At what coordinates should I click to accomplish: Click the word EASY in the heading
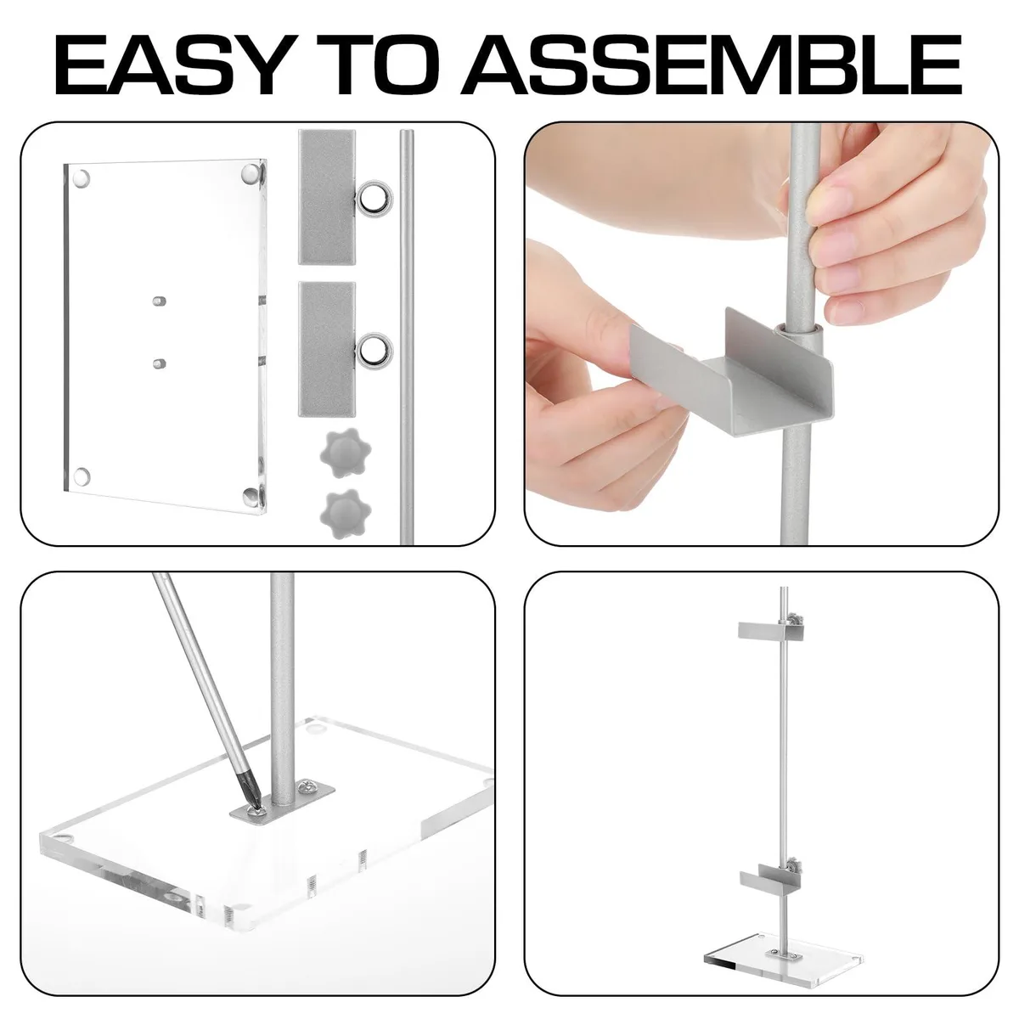[172, 65]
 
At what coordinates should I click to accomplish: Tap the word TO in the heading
[375, 65]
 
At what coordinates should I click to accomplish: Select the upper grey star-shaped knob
[345, 451]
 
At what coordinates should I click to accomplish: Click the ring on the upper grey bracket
[374, 200]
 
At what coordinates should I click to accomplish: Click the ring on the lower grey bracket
[374, 350]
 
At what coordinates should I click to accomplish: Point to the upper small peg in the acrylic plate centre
[159, 301]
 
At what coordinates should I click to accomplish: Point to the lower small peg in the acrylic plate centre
[159, 363]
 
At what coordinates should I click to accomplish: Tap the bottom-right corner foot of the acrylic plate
[251, 495]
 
